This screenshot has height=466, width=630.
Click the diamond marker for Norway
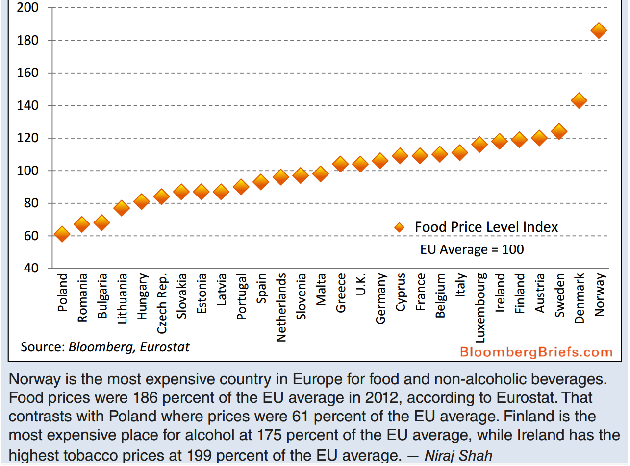click(x=599, y=30)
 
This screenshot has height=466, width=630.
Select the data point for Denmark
click(x=579, y=100)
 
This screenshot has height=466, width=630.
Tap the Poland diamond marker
click(x=62, y=234)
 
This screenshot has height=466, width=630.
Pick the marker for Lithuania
click(x=122, y=208)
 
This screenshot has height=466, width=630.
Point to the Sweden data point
click(x=558, y=131)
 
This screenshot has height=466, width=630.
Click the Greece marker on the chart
click(x=340, y=164)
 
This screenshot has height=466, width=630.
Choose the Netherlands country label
click(x=281, y=307)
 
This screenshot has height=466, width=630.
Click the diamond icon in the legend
click(x=399, y=227)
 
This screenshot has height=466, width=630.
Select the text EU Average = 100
click(x=472, y=249)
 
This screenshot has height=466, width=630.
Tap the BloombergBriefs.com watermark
click(x=536, y=352)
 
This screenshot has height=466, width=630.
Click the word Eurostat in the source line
click(x=165, y=347)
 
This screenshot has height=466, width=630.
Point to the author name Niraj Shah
click(x=458, y=455)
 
